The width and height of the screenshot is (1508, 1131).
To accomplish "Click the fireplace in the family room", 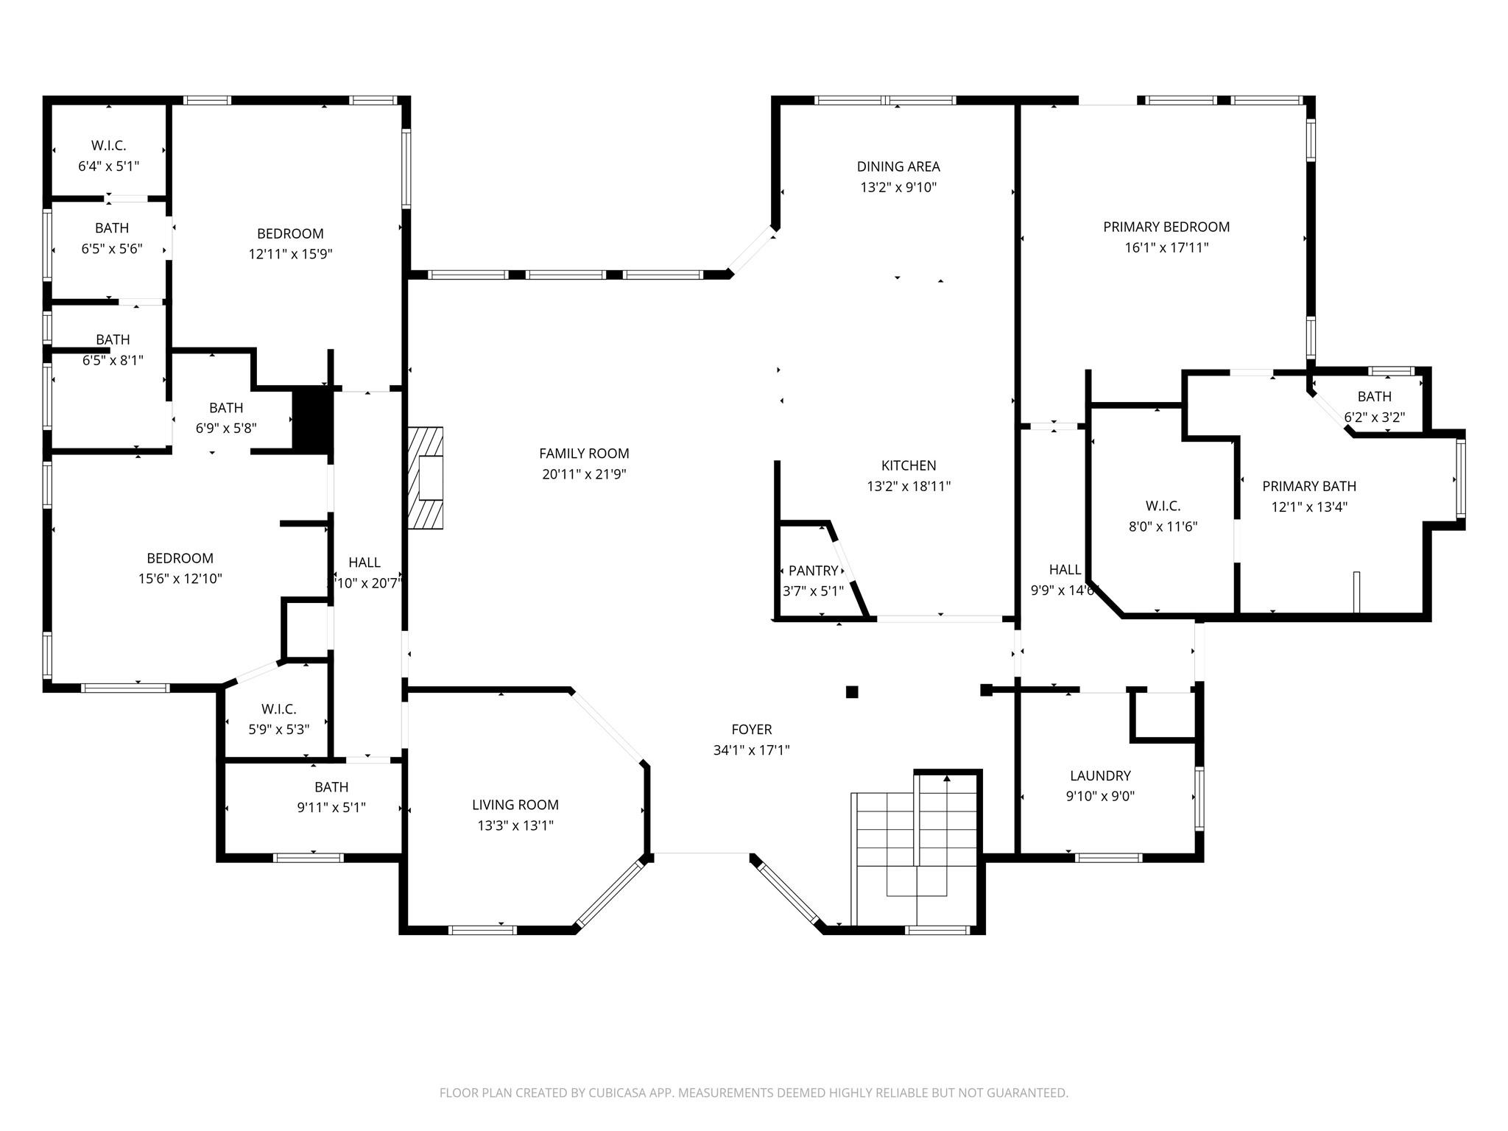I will tap(427, 478).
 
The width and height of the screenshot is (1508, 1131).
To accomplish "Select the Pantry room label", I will tap(813, 571).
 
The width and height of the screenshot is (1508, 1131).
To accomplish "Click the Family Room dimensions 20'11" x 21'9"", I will tap(584, 474).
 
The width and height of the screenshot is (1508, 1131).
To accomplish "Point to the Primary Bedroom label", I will tap(1166, 227).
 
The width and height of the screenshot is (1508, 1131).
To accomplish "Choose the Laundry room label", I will tap(1100, 775).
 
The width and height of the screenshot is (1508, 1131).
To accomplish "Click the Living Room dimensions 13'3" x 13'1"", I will tap(515, 825).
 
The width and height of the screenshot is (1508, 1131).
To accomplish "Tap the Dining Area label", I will tap(898, 166).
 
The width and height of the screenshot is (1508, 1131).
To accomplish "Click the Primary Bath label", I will tap(1309, 486).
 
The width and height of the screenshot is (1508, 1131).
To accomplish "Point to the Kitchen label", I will tap(909, 465).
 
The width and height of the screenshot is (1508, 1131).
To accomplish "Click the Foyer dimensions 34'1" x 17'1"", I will tap(751, 750).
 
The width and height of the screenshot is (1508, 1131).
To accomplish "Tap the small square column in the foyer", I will tap(852, 691).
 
